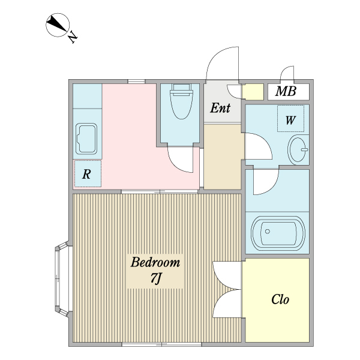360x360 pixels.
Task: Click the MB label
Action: click(286, 92)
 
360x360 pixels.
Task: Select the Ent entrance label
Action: click(220, 109)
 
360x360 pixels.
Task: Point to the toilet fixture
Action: click(180, 103)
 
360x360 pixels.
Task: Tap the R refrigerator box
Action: click(88, 174)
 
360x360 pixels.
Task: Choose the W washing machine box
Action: click(290, 119)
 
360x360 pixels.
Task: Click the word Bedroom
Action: click(155, 263)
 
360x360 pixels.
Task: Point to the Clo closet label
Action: click(280, 299)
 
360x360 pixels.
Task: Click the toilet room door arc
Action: click(180, 160)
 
